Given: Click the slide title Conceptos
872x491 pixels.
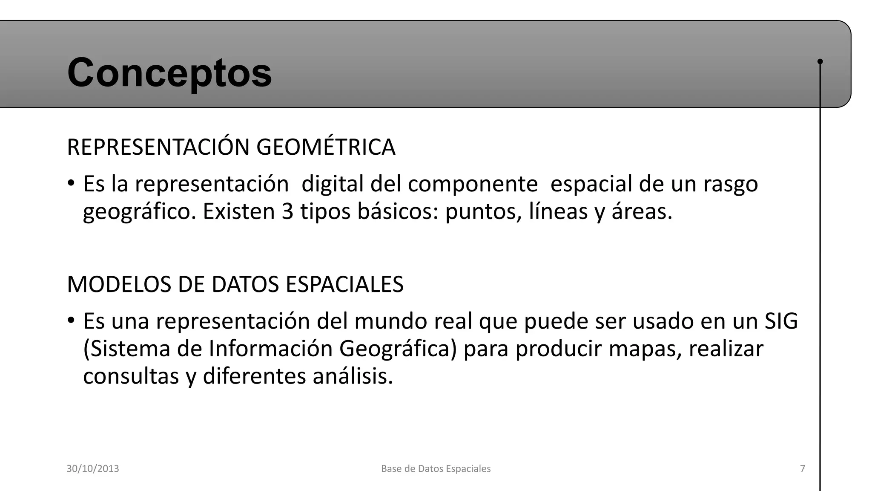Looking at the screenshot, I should point(169,72).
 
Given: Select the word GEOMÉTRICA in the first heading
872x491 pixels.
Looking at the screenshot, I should point(326,147).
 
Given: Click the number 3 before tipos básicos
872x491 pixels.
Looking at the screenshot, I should point(287,211).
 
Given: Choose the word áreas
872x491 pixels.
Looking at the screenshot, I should point(642,211).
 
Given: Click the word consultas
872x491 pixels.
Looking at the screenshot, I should point(131,376).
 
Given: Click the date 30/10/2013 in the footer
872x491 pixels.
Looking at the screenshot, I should point(93,469).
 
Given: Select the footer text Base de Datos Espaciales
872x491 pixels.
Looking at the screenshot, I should point(436,469).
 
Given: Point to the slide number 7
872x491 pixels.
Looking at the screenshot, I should point(803,469).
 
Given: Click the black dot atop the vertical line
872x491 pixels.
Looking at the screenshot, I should point(820,61).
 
